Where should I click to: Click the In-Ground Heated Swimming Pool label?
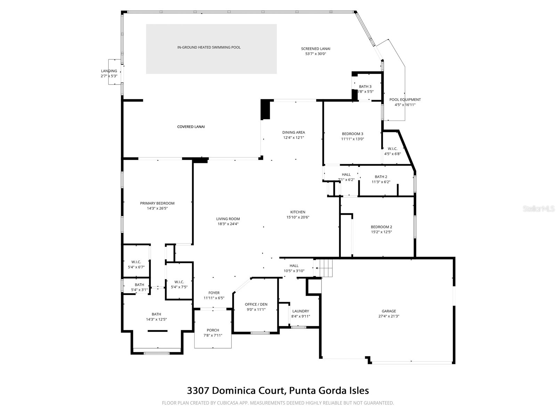coord(209,48)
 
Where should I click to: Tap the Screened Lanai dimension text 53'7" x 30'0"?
coord(316,54)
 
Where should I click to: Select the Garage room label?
coord(389,311)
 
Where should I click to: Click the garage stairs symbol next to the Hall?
coord(325,268)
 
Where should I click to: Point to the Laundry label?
coord(301,311)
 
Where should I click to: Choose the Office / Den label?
coord(256,304)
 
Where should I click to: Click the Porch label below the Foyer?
coord(213,330)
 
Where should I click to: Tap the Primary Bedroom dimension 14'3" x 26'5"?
coord(157,208)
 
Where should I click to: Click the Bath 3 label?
coord(365,87)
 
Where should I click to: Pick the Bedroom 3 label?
coord(352,134)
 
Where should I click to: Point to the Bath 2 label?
coord(381,177)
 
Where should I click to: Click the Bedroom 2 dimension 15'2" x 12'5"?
coord(381,232)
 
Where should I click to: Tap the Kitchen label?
coord(298,212)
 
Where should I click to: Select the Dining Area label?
coord(293,132)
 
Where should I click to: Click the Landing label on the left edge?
coord(109,71)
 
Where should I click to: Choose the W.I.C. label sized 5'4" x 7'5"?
coord(179,282)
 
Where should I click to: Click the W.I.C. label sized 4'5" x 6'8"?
coord(392,149)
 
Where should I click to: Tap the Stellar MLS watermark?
coord(538,208)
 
